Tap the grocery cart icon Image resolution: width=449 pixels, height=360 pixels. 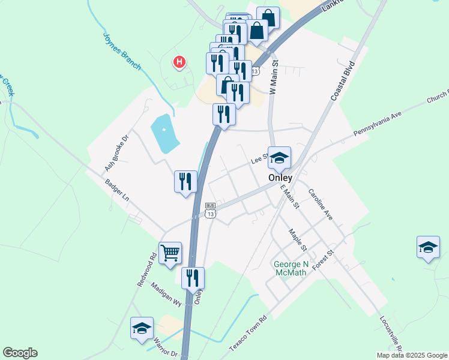click(170, 253)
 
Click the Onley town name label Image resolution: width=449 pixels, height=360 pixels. click(280, 178)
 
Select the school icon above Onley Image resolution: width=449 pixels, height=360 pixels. click(279, 158)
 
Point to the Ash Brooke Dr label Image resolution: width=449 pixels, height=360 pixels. click(117, 153)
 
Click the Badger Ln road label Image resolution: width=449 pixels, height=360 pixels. click(117, 190)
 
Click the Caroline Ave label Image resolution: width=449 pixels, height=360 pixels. click(320, 204)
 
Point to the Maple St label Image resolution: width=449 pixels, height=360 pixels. click(297, 239)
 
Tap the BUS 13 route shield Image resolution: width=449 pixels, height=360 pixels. click(209, 210)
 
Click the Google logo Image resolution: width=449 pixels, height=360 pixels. click(20, 353)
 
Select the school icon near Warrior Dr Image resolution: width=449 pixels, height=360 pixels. click(142, 328)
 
